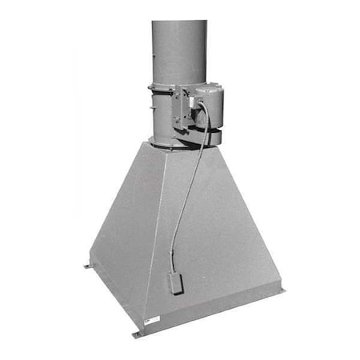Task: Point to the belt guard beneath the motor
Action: click(x=196, y=138)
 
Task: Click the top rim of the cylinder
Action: click(x=179, y=22)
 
